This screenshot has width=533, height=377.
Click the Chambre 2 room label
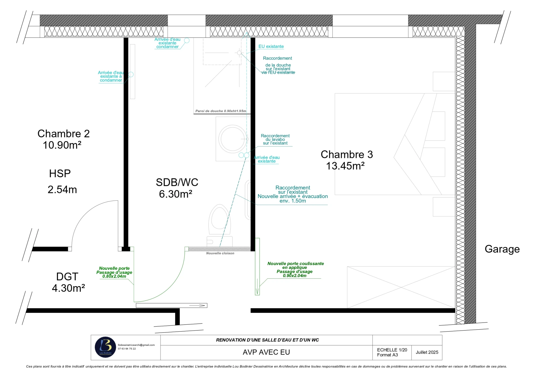63,134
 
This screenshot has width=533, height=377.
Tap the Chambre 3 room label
347,154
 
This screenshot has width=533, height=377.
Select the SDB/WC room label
177,182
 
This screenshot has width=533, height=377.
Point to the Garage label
502,249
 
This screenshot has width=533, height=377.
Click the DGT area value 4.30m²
68,288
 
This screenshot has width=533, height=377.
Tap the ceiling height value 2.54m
62,190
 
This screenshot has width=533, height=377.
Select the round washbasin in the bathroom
233,139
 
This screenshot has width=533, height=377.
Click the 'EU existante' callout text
271,47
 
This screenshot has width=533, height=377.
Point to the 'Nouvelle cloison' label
220,253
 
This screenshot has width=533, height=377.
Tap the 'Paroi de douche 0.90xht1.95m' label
221,111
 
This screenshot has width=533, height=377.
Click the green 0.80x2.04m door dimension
114,276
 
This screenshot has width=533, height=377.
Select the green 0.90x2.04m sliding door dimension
295,276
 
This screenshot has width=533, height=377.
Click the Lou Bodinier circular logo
105,347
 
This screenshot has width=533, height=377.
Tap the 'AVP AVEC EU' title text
266,352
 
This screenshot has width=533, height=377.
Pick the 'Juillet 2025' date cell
427,352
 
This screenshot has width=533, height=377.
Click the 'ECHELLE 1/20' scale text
392,350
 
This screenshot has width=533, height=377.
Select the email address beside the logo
136,345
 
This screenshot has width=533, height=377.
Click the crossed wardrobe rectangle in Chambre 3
401,287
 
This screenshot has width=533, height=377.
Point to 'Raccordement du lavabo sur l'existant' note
275,139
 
